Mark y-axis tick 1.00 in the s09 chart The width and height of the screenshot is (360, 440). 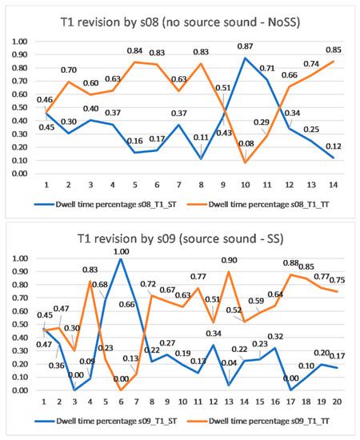pos(16,258)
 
